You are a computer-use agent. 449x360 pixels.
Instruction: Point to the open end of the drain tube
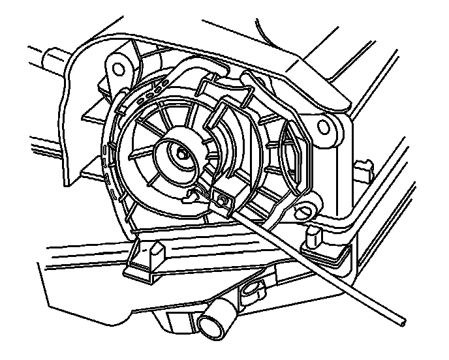point(213,323)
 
